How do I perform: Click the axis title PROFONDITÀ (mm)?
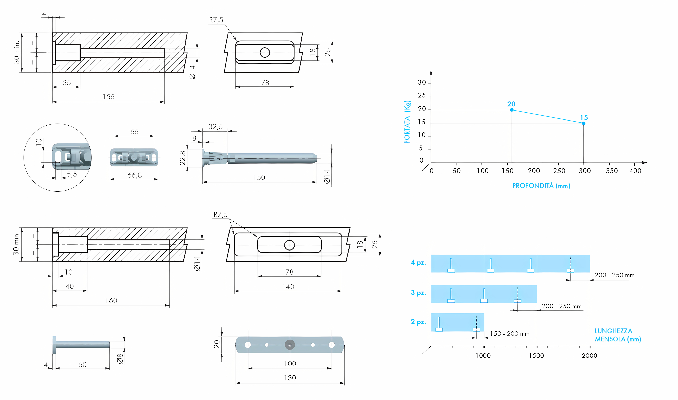tap(541, 186)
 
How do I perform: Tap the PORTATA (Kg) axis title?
tap(407, 122)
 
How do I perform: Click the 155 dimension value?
tap(109, 97)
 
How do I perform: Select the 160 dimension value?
tap(111, 301)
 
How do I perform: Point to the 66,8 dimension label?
tap(134, 175)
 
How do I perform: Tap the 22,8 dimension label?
tap(183, 158)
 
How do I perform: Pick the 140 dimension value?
tap(288, 287)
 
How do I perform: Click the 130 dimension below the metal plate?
tap(290, 378)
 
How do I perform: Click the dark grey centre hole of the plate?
tap(290, 345)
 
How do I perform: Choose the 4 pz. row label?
tap(418, 263)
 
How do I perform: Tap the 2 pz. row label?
tap(418, 322)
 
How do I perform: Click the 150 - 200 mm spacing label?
tap(509, 334)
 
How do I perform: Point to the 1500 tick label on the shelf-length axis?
tap(536, 356)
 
